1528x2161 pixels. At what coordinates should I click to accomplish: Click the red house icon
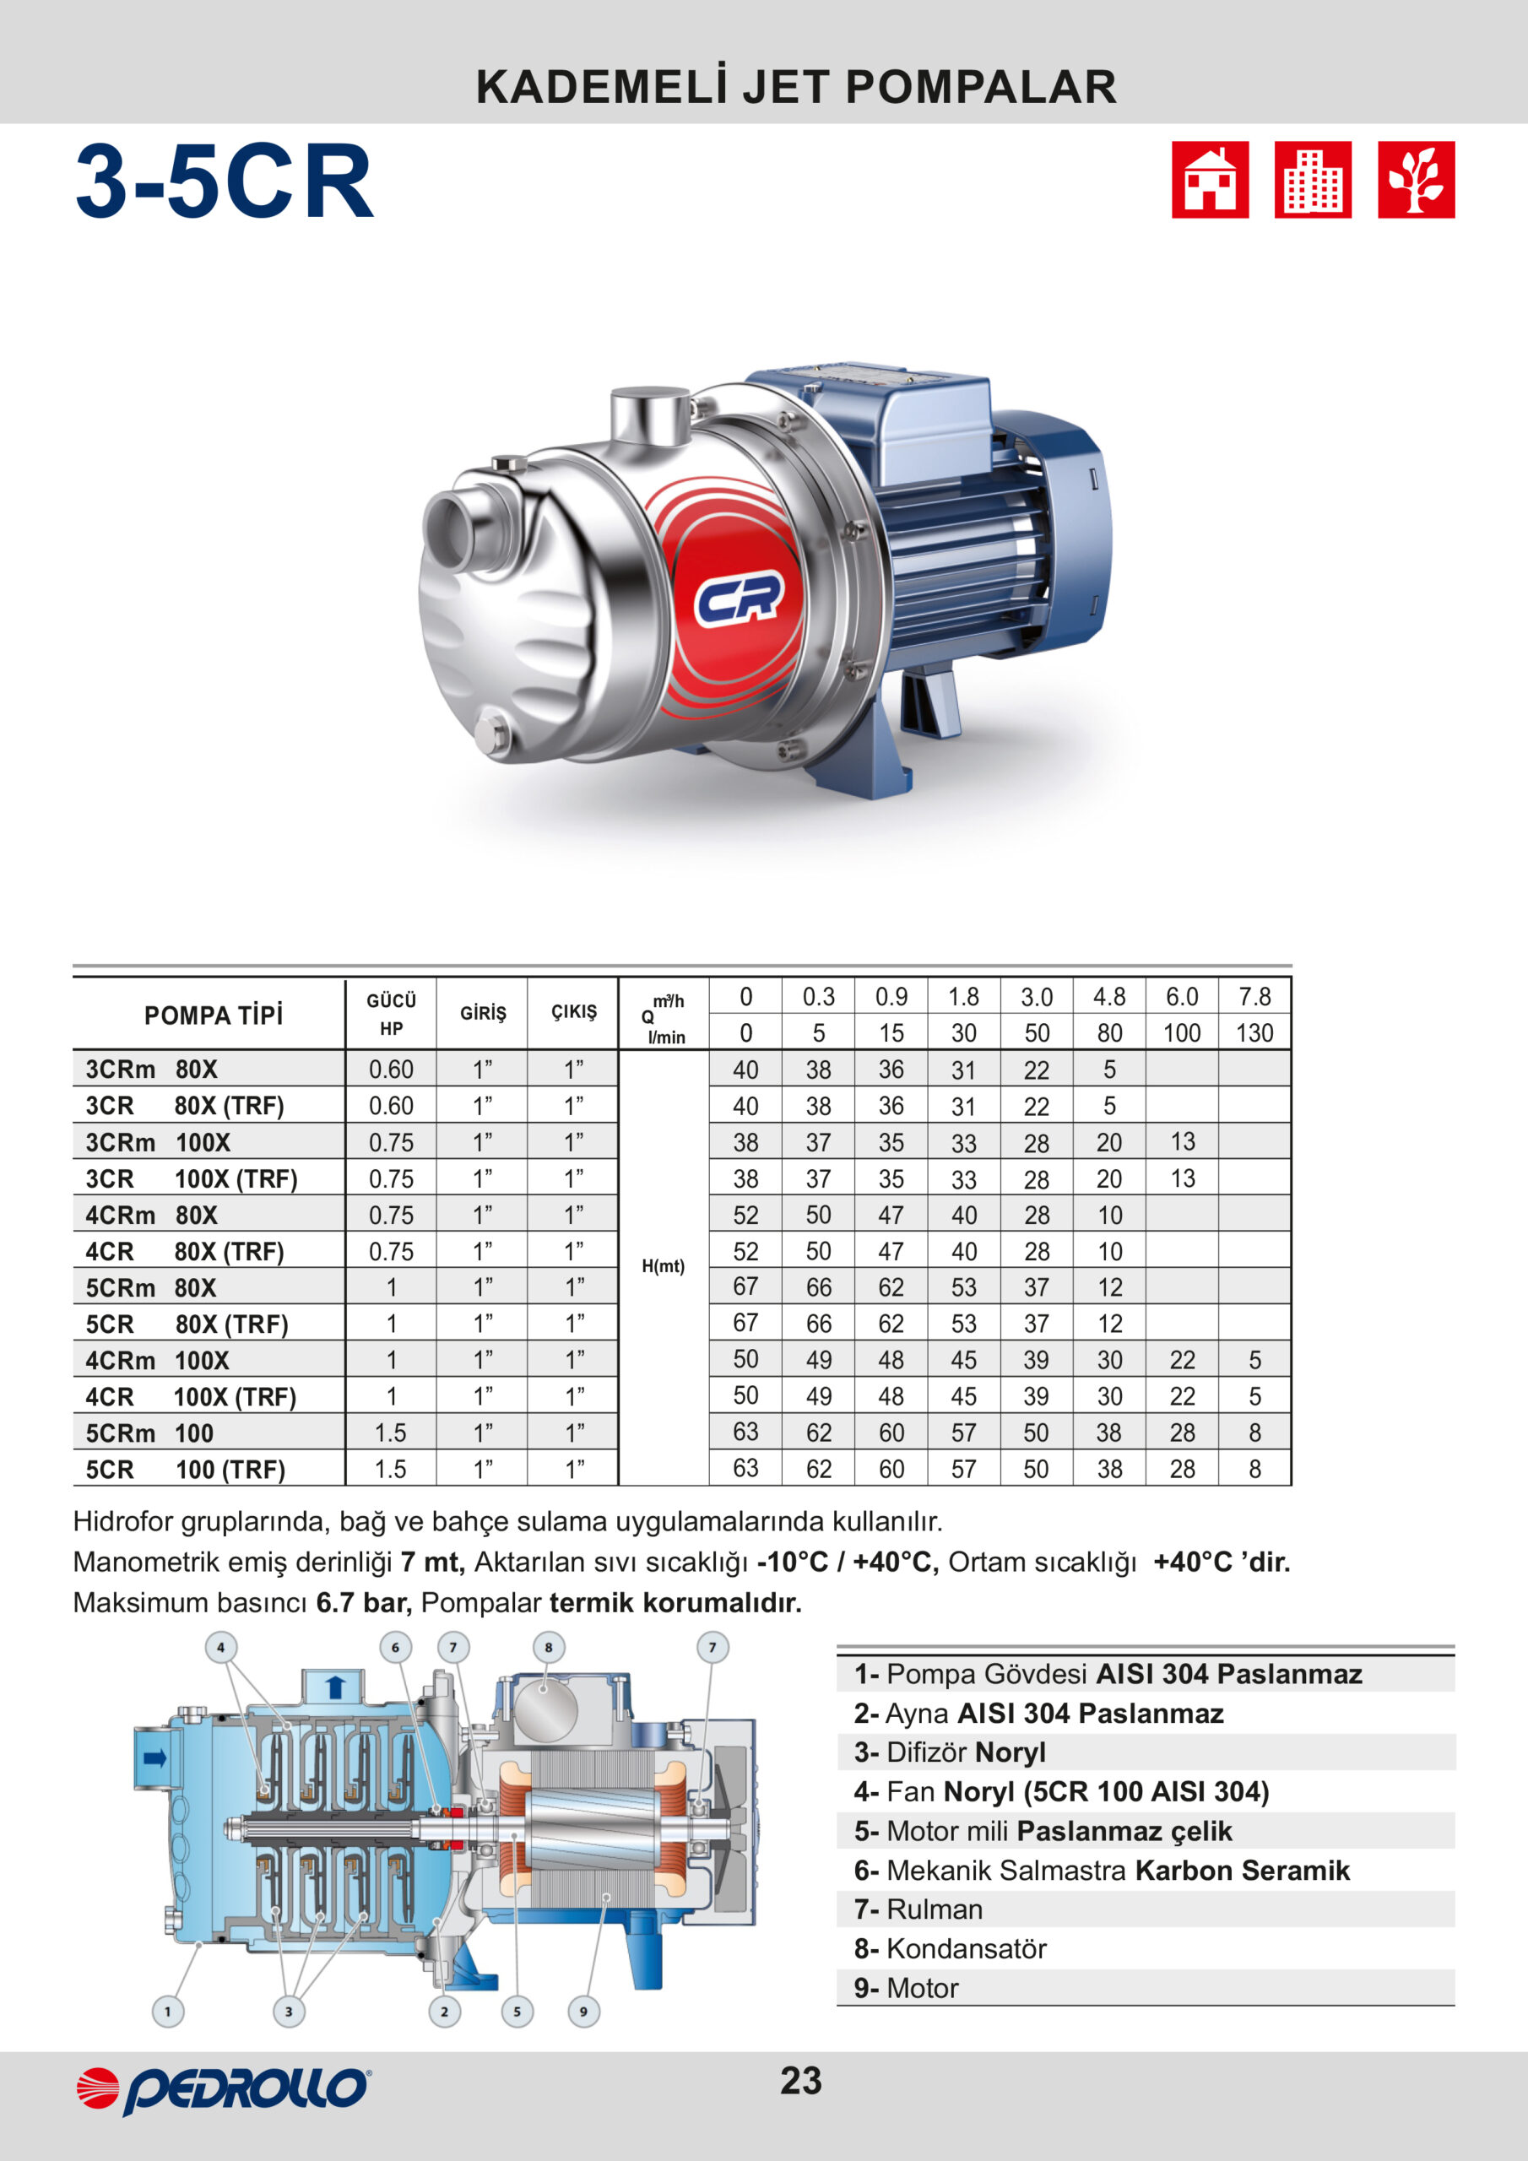pyautogui.click(x=1210, y=180)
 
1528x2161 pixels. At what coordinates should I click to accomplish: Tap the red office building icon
pyautogui.click(x=1313, y=180)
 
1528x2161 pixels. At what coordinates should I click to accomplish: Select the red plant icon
pyautogui.click(x=1416, y=180)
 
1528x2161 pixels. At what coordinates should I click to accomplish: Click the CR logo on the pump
pyautogui.click(x=738, y=598)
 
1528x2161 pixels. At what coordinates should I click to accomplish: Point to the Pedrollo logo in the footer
pyautogui.click(x=223, y=2089)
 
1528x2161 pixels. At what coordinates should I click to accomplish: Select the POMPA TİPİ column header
pyautogui.click(x=213, y=1016)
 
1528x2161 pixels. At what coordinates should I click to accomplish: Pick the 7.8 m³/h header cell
pyautogui.click(x=1254, y=997)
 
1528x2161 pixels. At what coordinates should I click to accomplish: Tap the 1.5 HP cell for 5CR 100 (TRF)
pyautogui.click(x=391, y=1469)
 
